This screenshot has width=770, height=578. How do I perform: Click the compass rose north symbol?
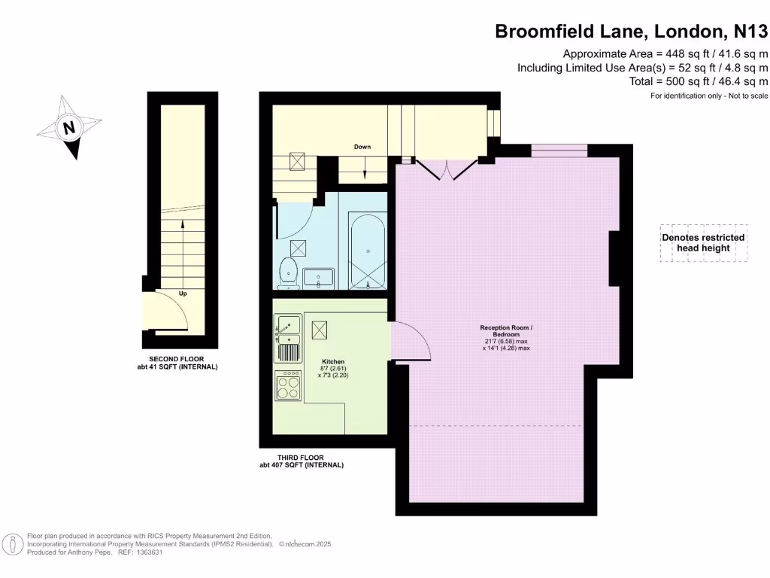[70, 127]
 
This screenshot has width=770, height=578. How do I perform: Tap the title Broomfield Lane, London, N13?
[631, 32]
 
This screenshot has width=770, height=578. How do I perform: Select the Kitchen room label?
[333, 361]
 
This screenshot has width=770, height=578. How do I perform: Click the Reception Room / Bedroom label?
[506, 332]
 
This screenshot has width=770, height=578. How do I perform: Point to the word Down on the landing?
[362, 147]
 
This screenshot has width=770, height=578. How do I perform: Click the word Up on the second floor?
[183, 293]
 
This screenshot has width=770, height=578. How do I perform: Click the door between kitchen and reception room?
[410, 340]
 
